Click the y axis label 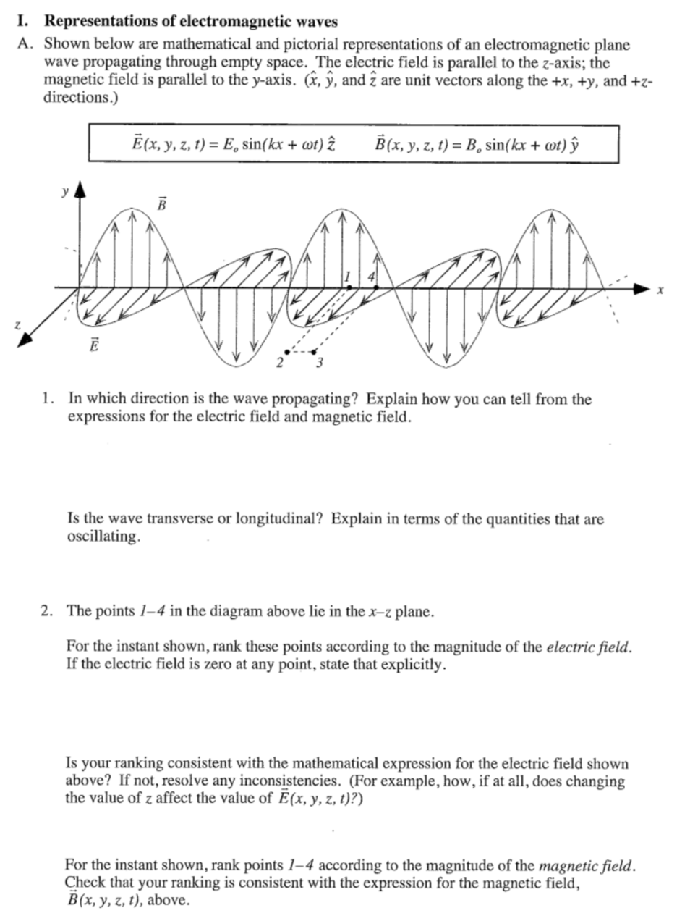[64, 193]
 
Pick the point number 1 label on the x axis [347, 276]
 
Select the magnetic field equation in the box [477, 143]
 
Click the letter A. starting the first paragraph [27, 45]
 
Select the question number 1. [47, 399]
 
